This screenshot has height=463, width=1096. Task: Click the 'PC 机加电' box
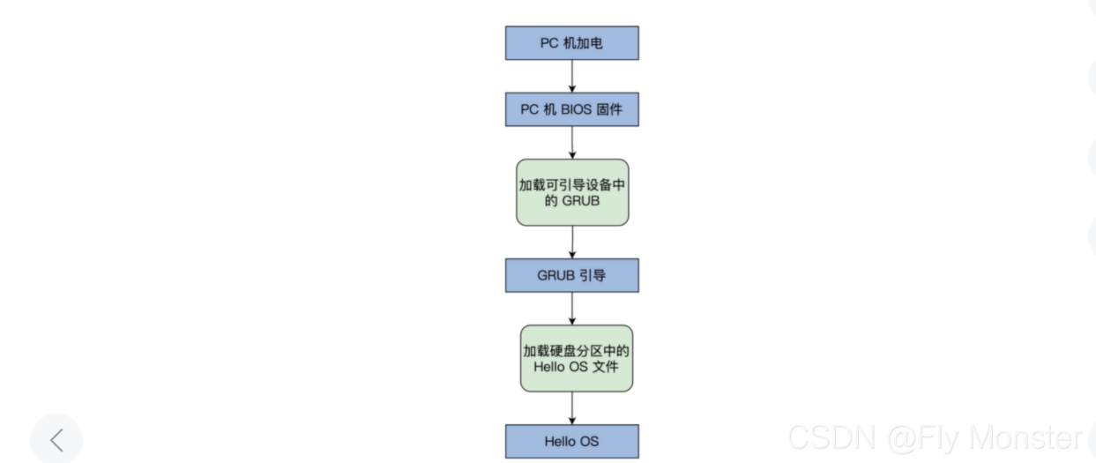point(571,42)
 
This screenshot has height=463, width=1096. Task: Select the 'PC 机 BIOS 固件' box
point(571,109)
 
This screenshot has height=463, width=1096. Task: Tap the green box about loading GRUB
point(572,192)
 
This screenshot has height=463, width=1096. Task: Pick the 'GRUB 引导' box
point(571,275)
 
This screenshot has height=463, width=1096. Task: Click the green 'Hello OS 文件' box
point(577,358)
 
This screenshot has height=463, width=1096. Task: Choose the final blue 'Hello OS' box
point(571,440)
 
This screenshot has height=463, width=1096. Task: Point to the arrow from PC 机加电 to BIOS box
point(572,76)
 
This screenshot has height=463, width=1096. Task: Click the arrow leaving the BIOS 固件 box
point(572,142)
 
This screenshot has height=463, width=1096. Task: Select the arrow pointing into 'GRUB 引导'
point(572,242)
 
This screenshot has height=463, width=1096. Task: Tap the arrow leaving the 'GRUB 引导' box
point(572,308)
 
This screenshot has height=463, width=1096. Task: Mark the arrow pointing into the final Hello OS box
point(572,407)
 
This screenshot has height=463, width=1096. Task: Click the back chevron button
point(56,439)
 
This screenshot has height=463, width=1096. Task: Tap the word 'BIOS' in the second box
point(576,110)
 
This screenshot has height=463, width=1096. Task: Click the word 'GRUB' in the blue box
point(555,275)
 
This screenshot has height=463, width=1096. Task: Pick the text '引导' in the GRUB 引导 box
point(593,275)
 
